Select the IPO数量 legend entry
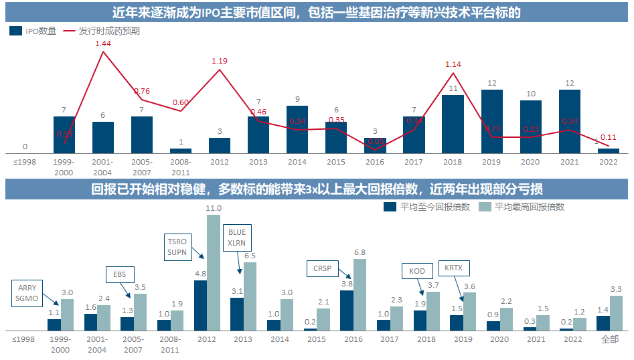(x=33, y=31)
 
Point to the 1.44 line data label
(x=102, y=43)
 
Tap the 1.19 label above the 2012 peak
(x=220, y=61)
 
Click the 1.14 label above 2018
(x=453, y=64)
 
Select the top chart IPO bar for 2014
(x=297, y=130)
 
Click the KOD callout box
(x=417, y=271)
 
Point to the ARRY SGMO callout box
(x=27, y=293)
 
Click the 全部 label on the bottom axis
(x=609, y=339)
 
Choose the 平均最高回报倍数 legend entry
(x=522, y=207)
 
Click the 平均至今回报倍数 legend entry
(x=428, y=207)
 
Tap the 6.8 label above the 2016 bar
(x=360, y=252)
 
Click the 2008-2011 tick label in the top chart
(x=180, y=167)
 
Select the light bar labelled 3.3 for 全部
(x=616, y=313)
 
